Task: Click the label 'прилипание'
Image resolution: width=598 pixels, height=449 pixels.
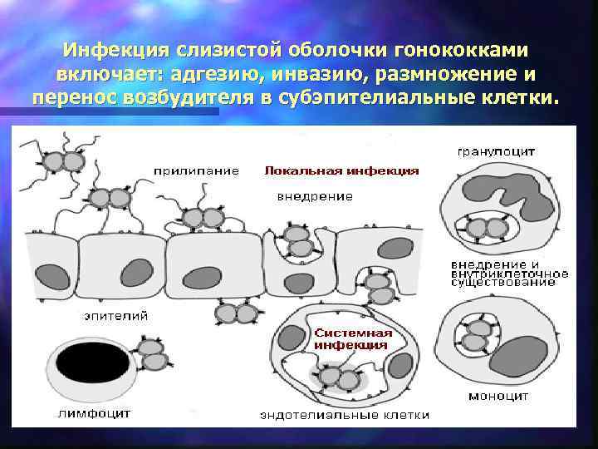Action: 196,170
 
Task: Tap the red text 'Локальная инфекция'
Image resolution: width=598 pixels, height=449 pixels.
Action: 341,170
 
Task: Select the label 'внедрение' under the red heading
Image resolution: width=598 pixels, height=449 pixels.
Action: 314,196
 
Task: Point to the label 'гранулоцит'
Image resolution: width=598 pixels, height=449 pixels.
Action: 496,152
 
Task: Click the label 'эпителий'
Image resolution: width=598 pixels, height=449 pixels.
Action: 116,315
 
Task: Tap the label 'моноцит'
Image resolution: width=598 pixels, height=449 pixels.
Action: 498,397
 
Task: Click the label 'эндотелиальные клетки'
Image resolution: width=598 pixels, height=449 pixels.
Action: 344,414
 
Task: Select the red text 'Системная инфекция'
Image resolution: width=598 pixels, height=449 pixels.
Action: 351,338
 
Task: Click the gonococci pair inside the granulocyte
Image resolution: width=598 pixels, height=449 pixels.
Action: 487,228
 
